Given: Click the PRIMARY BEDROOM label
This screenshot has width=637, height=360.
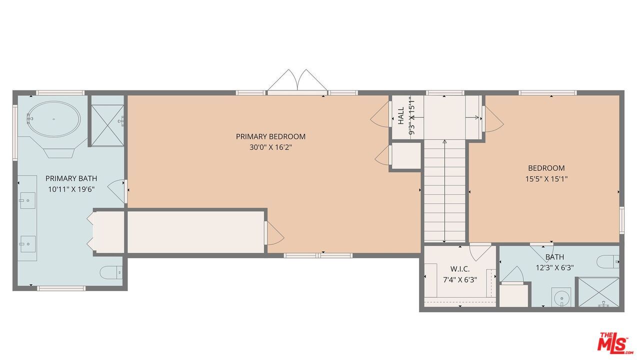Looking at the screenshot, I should pos(270,136).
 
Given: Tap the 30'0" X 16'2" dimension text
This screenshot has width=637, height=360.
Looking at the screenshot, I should pos(270,147).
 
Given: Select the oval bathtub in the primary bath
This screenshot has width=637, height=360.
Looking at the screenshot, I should pos(53,118).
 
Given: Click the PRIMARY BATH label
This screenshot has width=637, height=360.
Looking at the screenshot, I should pos(71,178).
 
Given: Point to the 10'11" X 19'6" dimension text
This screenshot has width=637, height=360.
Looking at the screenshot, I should pos(71,189).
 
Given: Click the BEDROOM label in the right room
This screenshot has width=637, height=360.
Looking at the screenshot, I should pos(546,168).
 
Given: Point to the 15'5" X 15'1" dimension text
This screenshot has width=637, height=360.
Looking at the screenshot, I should pos(546,178).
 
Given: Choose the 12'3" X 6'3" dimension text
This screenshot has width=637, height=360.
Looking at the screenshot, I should pos(554,267).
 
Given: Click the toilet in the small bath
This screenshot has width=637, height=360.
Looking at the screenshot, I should pos(608,261).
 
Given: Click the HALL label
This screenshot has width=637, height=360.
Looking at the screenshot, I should pos(401,115).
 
